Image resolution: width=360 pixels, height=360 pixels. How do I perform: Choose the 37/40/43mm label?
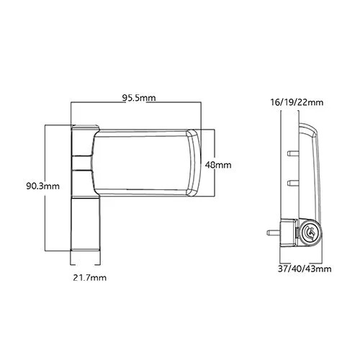pyautogui.click(x=303, y=269)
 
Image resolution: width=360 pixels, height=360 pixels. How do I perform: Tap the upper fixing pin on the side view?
pyautogui.click(x=289, y=153)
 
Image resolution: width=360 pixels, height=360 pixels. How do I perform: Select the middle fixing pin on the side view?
pyautogui.click(x=289, y=181)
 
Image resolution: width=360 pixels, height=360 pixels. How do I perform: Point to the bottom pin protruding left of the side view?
pyautogui.click(x=271, y=233)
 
